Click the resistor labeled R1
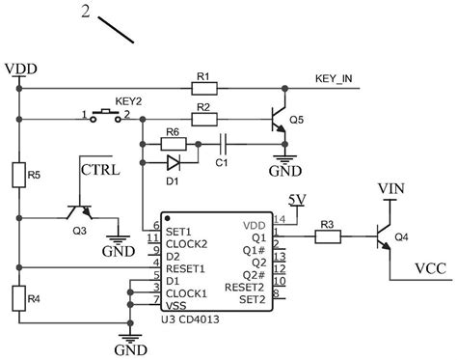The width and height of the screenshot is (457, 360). pos(204,88)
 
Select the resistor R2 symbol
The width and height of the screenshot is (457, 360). pos(204,120)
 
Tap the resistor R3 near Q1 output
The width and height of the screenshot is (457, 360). pos(326,234)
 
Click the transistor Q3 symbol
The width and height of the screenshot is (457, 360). pos(78,214)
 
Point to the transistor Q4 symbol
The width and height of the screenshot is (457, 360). pos(384,234)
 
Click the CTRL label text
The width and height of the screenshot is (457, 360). pos(100,172)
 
